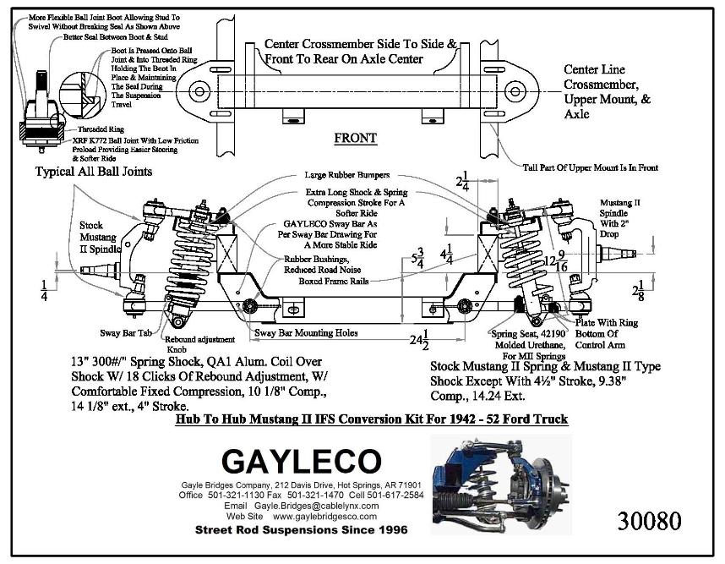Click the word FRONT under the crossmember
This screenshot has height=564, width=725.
[355, 138]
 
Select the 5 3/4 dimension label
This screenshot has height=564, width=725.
[415, 258]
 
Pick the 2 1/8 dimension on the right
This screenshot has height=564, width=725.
[641, 291]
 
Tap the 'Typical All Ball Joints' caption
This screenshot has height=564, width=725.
[94, 172]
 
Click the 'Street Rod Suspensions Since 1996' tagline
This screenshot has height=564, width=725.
[301, 530]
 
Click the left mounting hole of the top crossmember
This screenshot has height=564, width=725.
[199, 90]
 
